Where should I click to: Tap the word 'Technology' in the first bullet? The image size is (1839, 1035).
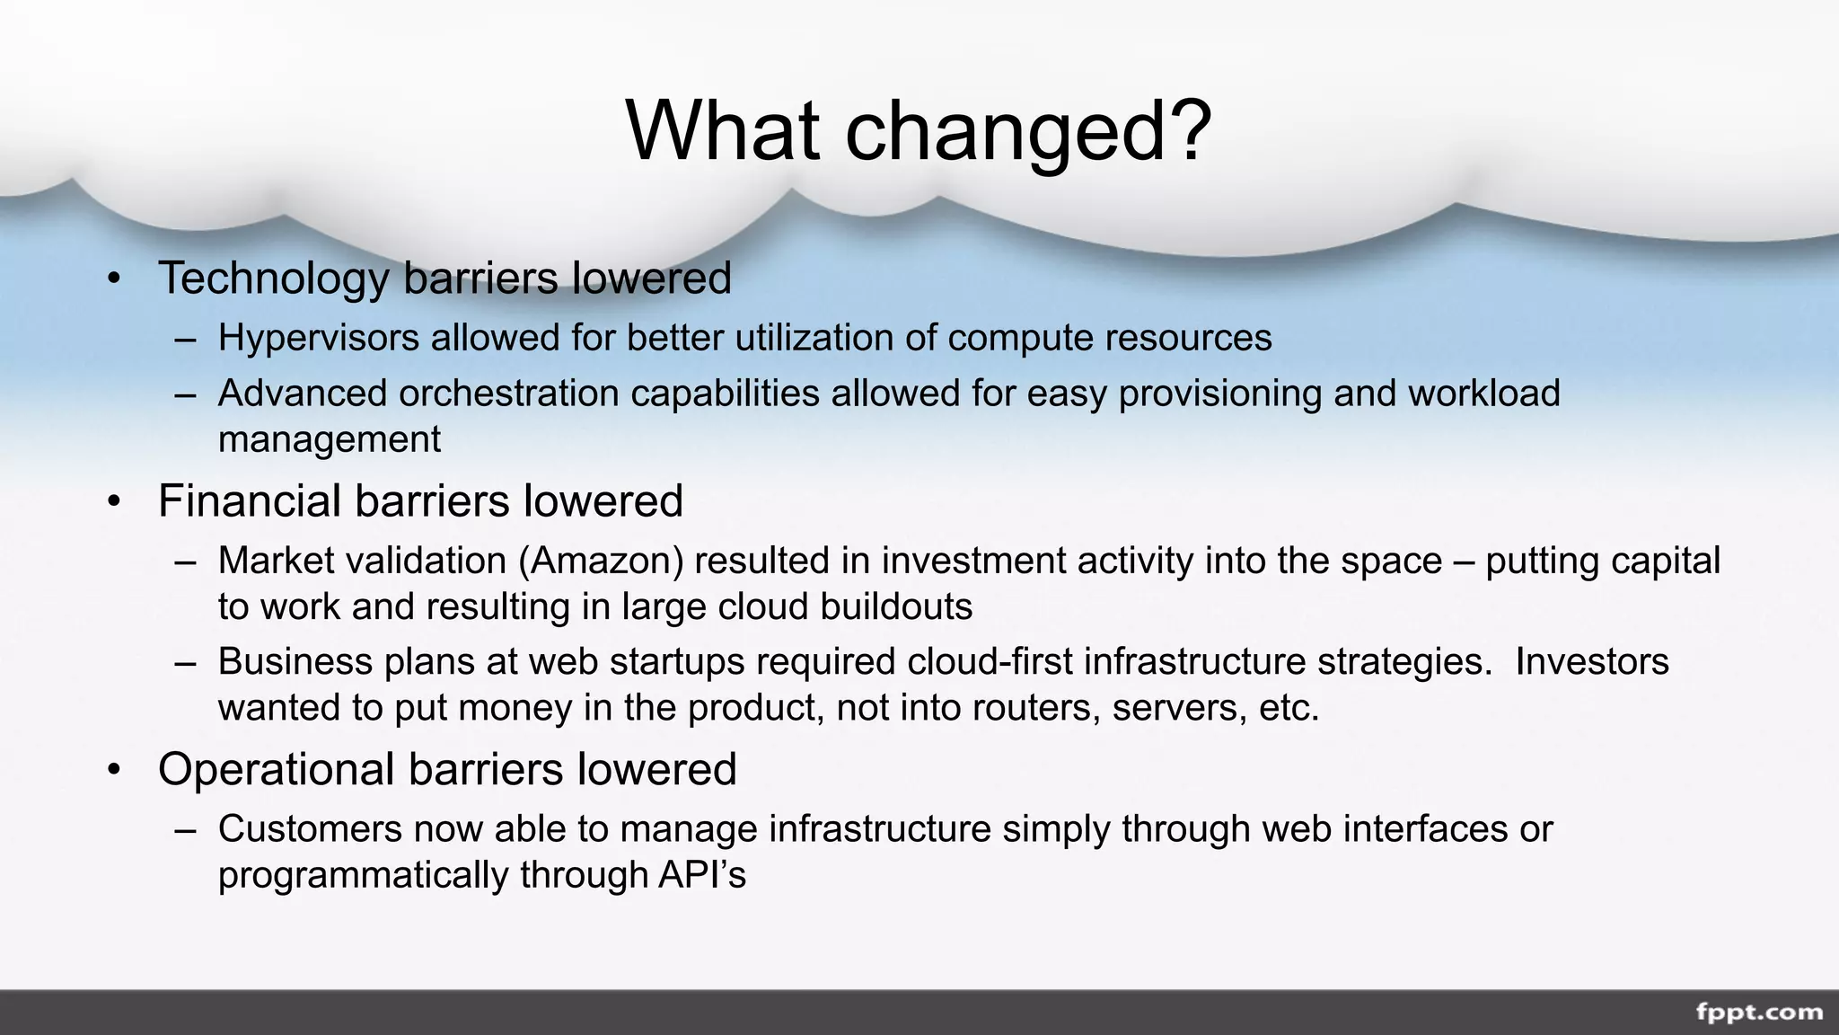(273, 279)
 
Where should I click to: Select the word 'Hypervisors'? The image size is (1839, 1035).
(319, 339)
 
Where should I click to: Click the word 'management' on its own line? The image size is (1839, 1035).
(330, 439)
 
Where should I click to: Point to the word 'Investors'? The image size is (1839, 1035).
(1592, 661)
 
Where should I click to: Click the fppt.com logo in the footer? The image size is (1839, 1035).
(1759, 1013)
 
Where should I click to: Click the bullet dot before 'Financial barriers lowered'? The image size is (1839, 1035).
(113, 501)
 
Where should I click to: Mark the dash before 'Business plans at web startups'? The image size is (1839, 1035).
(186, 662)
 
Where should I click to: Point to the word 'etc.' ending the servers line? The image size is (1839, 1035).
(1289, 708)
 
